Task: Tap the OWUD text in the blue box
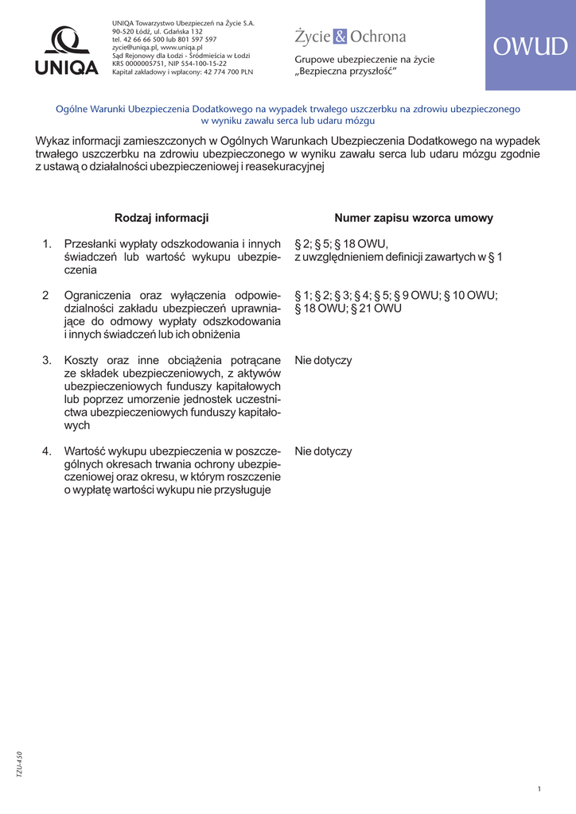coord(530,47)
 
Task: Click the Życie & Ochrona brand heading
coord(350,37)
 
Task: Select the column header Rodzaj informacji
coord(162,218)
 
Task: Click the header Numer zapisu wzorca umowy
coord(414,218)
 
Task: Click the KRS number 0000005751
coord(142,64)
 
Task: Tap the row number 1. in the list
coord(47,244)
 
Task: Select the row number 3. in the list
coord(47,360)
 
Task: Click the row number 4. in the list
coord(47,452)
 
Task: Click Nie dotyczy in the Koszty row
coord(323,360)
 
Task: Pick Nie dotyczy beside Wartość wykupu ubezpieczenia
coord(323,452)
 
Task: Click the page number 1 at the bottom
coord(539,789)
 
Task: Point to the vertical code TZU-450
coord(20,765)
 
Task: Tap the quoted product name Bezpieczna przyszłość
coord(348,72)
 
